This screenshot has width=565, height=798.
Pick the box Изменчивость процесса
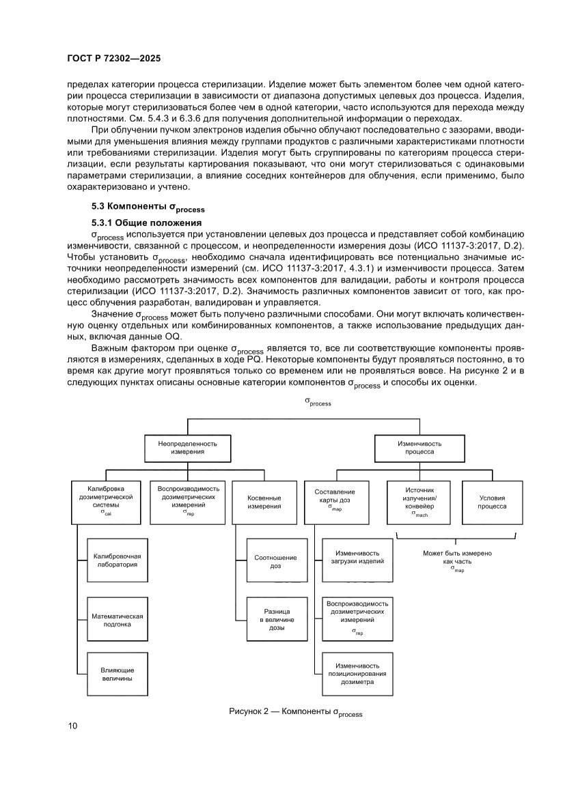pyautogui.click(x=415, y=448)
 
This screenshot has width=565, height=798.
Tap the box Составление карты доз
pyautogui.click(x=335, y=502)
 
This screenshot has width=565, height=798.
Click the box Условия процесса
pyautogui.click(x=492, y=502)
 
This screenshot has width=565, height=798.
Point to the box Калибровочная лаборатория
pyautogui.click(x=117, y=560)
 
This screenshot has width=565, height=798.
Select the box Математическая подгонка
pyautogui.click(x=117, y=620)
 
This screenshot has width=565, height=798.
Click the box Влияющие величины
pyautogui.click(x=117, y=674)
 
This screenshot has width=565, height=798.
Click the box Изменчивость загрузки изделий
pyautogui.click(x=357, y=557)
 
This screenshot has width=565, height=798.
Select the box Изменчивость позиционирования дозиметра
pyautogui.click(x=357, y=673)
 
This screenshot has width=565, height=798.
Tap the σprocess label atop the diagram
pyautogui.click(x=318, y=402)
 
